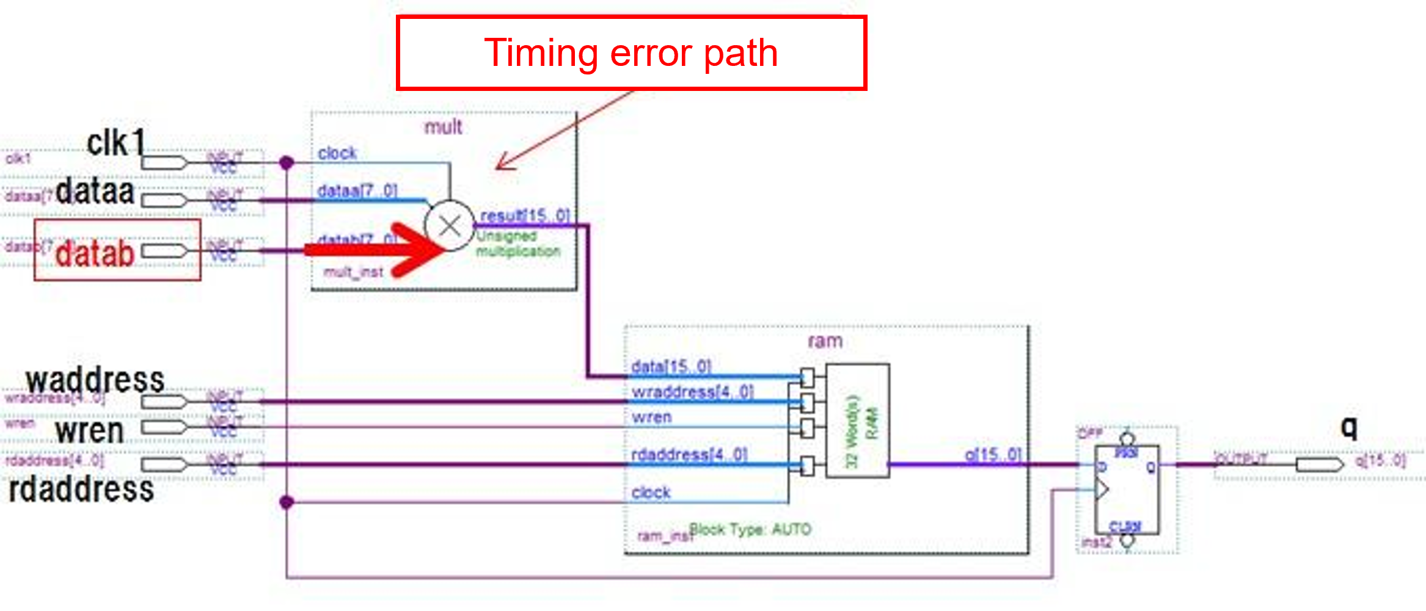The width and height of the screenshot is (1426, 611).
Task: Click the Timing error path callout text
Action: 631,53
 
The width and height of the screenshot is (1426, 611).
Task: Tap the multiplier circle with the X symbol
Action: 450,226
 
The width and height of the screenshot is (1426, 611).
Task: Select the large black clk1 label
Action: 116,143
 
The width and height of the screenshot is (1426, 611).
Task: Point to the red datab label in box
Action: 95,253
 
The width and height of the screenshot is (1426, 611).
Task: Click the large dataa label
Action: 95,191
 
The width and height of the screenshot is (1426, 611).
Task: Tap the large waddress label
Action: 95,380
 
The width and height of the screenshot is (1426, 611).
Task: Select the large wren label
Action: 90,430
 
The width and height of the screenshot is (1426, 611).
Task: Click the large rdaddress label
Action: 81,490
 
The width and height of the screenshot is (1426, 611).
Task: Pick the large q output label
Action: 1349,427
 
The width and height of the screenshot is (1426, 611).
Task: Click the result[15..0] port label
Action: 525,215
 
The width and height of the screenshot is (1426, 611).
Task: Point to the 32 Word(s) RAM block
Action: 857,421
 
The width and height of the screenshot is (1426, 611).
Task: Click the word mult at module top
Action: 444,127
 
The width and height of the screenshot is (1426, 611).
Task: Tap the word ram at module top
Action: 825,341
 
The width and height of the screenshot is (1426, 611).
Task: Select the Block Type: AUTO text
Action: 750,529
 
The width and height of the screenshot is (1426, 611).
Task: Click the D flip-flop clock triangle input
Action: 1102,489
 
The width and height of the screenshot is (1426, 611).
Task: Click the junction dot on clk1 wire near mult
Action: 287,163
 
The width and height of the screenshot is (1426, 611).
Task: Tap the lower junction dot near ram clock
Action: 287,502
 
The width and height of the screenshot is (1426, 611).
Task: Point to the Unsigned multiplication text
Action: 517,244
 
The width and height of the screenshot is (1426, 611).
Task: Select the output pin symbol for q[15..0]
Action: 1320,465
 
